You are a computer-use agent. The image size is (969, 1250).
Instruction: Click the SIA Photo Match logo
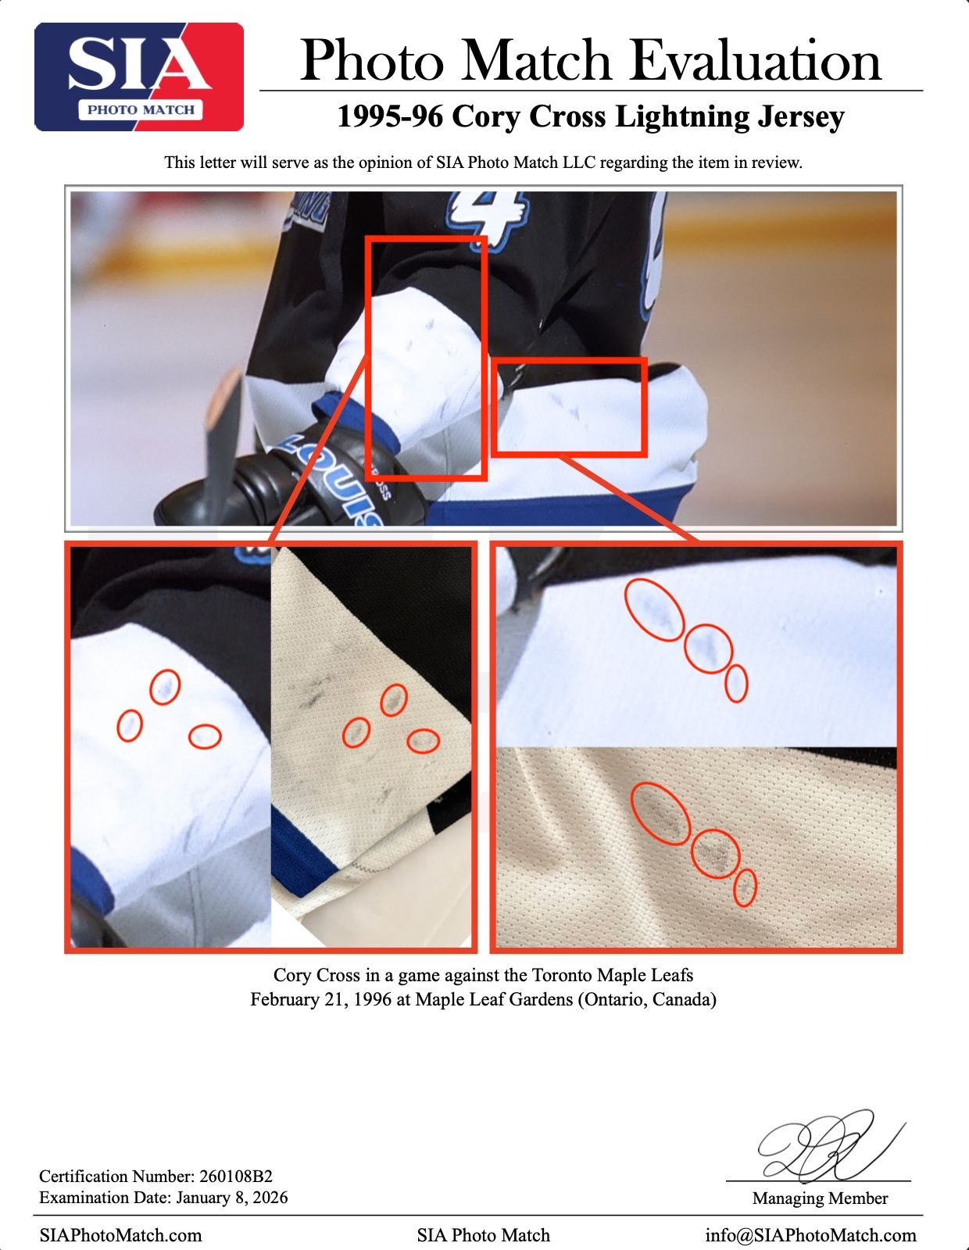point(138,77)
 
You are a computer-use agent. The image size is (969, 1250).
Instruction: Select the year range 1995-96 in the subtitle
point(390,116)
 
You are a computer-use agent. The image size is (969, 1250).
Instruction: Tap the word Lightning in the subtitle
point(681,117)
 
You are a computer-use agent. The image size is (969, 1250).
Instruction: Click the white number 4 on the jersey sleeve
point(489,220)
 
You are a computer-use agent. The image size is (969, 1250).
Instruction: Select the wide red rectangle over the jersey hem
point(570,359)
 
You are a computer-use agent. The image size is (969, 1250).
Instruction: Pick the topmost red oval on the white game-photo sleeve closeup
point(165,671)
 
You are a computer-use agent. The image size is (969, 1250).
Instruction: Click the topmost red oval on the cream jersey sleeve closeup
point(394,684)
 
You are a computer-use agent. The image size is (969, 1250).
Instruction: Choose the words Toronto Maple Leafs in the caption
point(612,975)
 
